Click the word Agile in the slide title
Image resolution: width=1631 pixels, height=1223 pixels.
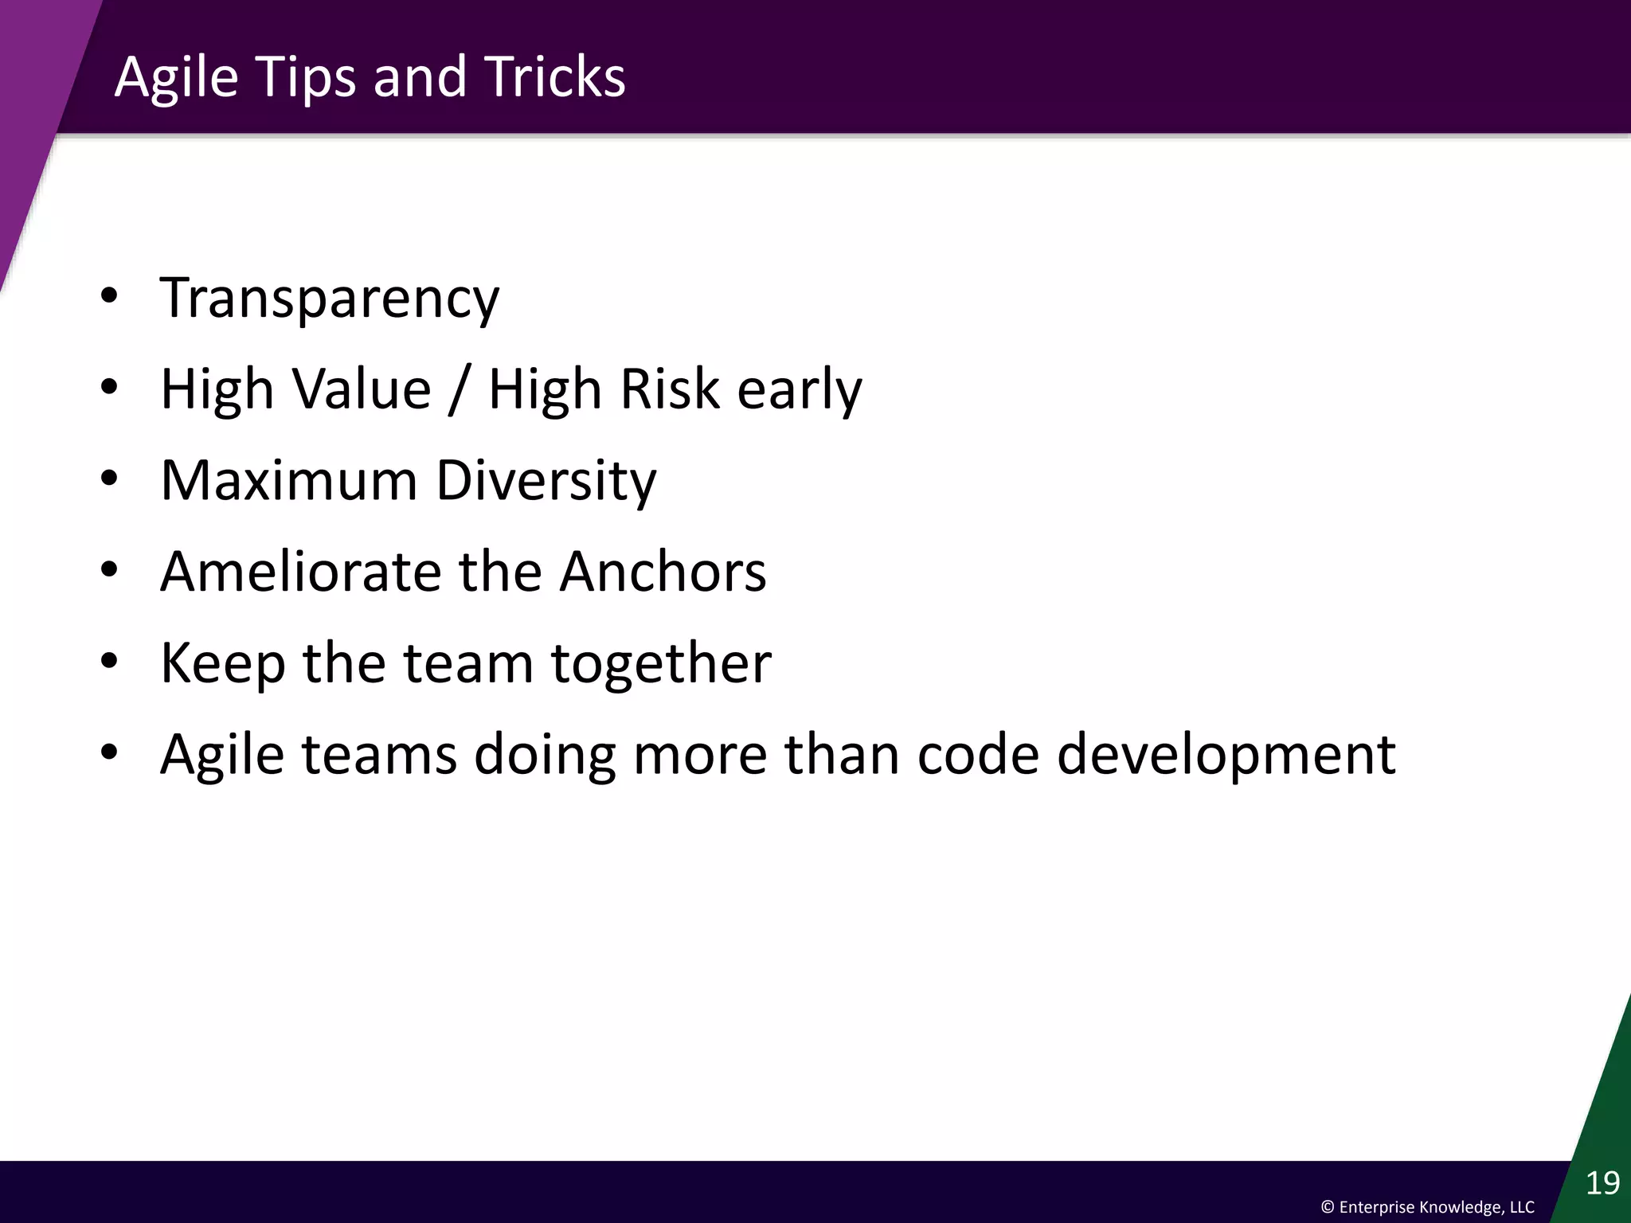[x=176, y=77]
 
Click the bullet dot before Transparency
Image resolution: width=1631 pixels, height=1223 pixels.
[x=109, y=296]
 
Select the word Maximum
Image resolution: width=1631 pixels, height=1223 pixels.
[x=288, y=481]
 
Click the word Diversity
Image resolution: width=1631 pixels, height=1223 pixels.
[x=546, y=481]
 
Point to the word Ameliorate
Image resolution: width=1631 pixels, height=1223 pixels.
[x=300, y=572]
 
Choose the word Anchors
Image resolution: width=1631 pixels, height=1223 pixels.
[x=662, y=572]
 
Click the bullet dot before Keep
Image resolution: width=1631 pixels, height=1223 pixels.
[x=109, y=661]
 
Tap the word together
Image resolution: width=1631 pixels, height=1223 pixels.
[x=661, y=663]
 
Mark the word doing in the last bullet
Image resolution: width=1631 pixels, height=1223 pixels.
[x=545, y=755]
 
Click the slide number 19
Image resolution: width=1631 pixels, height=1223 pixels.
[x=1602, y=1183]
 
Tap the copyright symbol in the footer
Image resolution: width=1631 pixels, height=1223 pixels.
[x=1328, y=1207]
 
